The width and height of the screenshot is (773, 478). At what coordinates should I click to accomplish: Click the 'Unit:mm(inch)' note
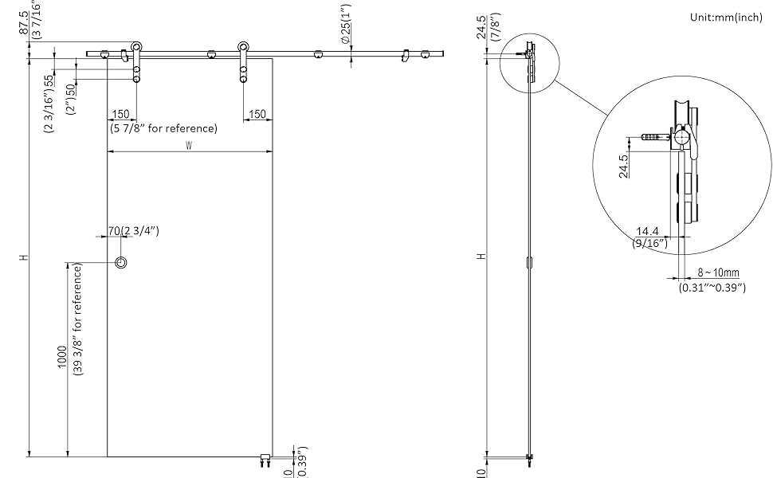[726, 18]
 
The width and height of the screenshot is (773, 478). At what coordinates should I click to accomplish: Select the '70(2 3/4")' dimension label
[134, 231]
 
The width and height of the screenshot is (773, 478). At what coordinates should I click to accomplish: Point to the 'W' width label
[189, 145]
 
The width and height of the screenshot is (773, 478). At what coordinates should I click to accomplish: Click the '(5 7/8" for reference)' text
[163, 127]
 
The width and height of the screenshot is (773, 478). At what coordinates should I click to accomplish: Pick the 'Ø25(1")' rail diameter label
[345, 25]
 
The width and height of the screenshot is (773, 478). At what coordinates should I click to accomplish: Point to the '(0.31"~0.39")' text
[712, 287]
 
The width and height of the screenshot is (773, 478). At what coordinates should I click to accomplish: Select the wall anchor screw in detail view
[653, 138]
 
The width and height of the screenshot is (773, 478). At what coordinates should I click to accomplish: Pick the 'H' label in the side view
[480, 257]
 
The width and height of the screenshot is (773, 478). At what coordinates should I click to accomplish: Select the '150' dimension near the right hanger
[257, 114]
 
